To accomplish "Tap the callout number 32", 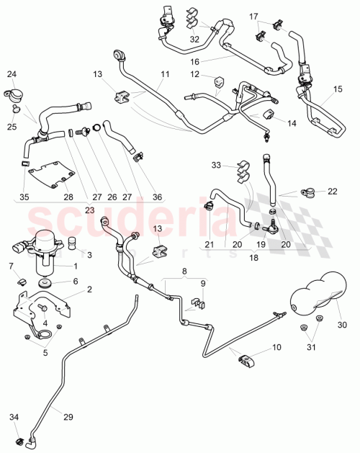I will click(195, 38).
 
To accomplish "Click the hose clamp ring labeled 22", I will click(311, 192).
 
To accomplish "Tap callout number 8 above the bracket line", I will click(184, 273).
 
